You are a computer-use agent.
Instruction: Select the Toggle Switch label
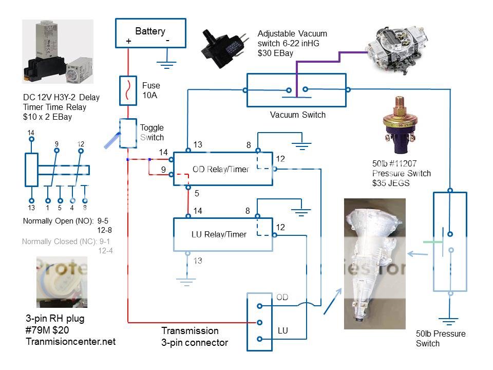152,132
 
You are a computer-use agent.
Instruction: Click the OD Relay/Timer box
222,169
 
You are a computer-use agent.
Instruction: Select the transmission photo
374,262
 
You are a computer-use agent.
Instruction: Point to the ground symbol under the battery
166,64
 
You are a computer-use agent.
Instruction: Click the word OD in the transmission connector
282,297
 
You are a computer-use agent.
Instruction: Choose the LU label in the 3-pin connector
282,330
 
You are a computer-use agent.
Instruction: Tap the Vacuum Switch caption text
297,115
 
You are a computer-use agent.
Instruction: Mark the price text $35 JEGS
391,182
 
